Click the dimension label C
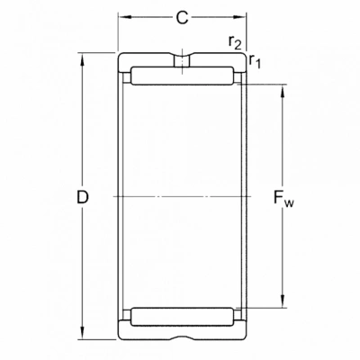tap(182, 18)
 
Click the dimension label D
tap(83, 197)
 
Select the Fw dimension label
tap(283, 199)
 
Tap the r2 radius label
tap(235, 42)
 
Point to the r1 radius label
tap(255, 61)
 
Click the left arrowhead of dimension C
tap(124, 17)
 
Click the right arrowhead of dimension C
tap(239, 17)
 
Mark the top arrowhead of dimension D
tap(82, 60)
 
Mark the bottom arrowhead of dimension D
tap(82, 333)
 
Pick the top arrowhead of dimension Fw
tap(283, 92)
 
